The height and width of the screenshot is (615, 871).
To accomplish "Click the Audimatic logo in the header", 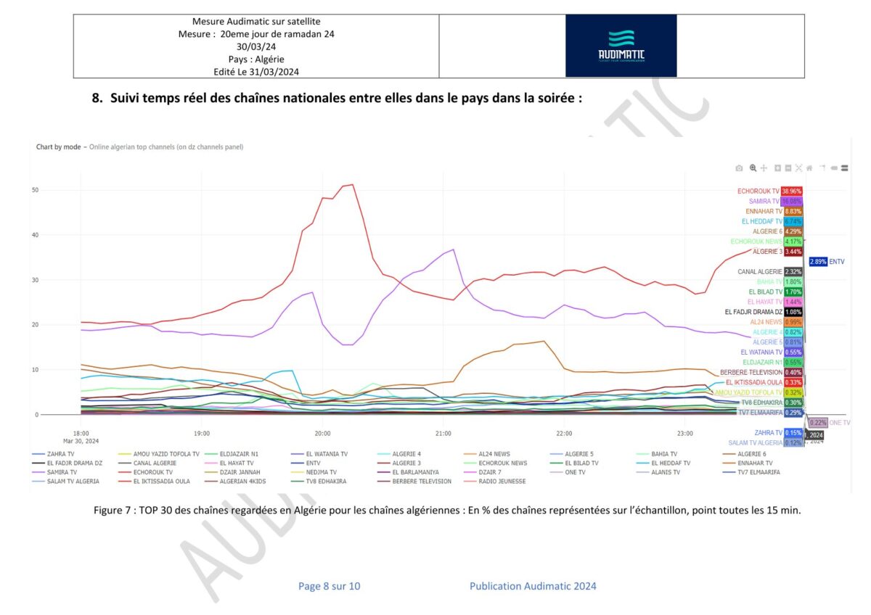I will (x=621, y=45).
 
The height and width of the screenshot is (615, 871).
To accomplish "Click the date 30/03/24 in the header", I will (x=256, y=46).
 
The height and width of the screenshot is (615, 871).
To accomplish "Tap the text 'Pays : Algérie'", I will (x=256, y=59).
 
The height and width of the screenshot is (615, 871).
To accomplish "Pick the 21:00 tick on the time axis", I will (x=443, y=433).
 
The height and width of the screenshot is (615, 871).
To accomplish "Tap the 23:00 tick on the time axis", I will (x=685, y=433).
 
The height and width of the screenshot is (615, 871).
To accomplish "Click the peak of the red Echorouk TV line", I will (x=352, y=184).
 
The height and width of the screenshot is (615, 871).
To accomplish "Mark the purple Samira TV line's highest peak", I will (x=454, y=249).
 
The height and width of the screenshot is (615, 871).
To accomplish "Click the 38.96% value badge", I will (x=791, y=191).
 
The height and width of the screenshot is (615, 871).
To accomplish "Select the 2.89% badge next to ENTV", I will (x=818, y=262).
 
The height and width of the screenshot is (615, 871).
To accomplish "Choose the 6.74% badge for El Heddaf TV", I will (x=792, y=221).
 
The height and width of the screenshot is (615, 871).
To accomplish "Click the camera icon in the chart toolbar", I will (x=739, y=168).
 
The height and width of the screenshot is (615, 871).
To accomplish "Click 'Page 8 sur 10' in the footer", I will (x=329, y=586).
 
